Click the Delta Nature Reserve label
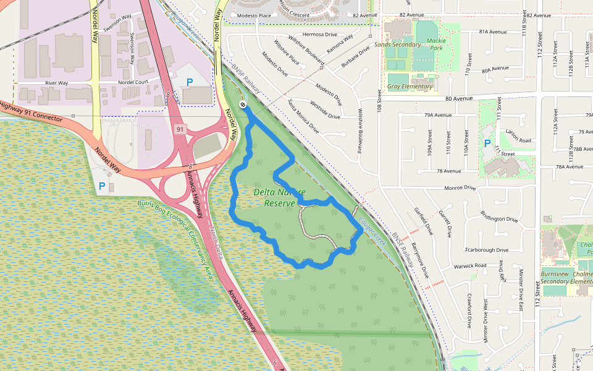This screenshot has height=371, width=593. click(x=279, y=197)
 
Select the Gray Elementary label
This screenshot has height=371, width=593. click(x=410, y=87)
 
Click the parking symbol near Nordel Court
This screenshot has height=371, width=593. click(x=190, y=82)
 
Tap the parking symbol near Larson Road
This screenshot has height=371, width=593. click(x=487, y=143)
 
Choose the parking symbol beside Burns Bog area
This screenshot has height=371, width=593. click(x=102, y=185)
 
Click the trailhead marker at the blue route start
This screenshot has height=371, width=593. click(x=242, y=105)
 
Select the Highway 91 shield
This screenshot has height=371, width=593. click(x=180, y=129)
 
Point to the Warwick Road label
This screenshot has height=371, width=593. click(x=470, y=266)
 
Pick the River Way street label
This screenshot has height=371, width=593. click(x=56, y=83)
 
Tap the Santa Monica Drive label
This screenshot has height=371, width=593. click(x=303, y=116)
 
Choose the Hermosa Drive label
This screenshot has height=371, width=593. click(x=320, y=35)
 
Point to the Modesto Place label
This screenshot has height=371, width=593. click(x=253, y=15)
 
